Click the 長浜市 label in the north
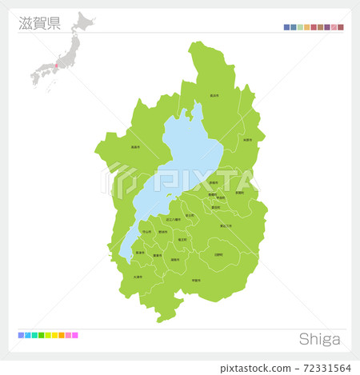click(214, 95)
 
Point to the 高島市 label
click(136, 146)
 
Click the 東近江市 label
click(226, 225)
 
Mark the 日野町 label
click(218, 254)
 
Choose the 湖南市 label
click(174, 259)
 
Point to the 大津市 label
click(138, 277)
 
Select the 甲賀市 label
click(196, 280)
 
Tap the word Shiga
click(319, 339)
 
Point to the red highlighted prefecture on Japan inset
click(56, 65)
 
